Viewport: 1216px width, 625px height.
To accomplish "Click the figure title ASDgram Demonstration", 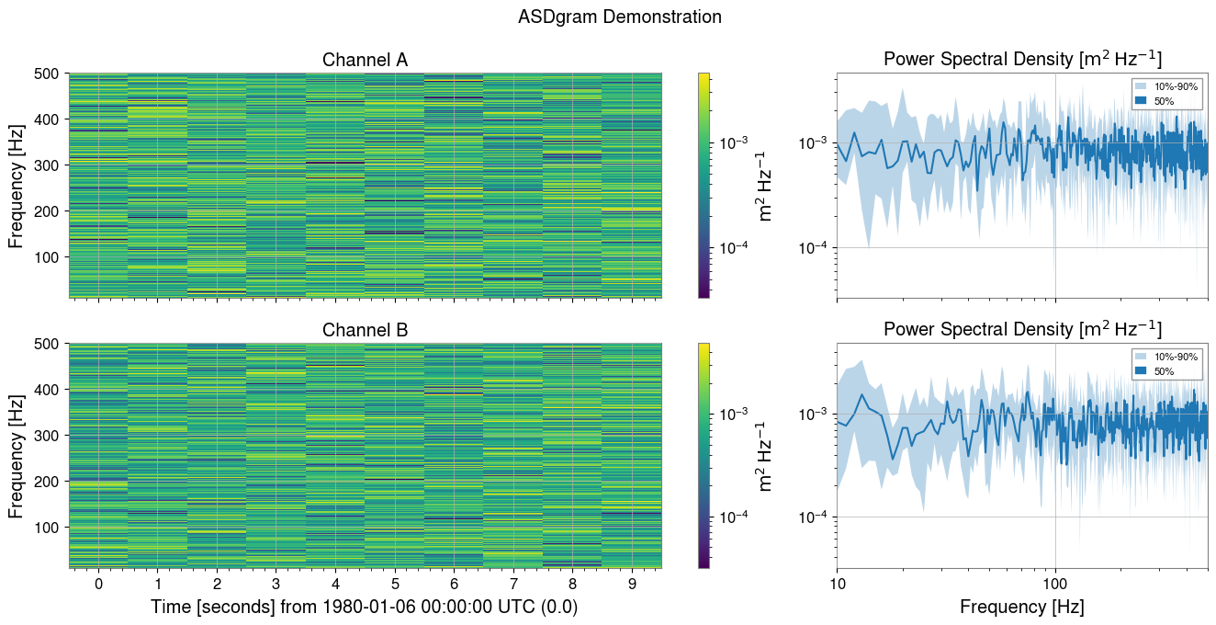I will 619,17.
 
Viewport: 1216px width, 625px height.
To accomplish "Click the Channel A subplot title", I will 365,61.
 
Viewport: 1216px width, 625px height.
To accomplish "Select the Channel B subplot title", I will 365,330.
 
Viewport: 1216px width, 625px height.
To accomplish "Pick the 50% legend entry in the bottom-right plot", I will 1160,370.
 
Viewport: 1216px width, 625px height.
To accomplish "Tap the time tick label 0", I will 98,584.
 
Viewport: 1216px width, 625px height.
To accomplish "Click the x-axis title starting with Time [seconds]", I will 365,608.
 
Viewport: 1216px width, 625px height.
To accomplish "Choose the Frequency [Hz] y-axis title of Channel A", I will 17,186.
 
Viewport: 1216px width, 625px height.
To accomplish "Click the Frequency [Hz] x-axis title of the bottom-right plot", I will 1021,608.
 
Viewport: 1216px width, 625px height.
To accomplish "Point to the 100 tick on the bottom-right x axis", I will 1054,584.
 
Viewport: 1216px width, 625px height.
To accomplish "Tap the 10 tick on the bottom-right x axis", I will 837,584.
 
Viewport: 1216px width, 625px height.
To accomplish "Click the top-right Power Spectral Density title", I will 1021,60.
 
